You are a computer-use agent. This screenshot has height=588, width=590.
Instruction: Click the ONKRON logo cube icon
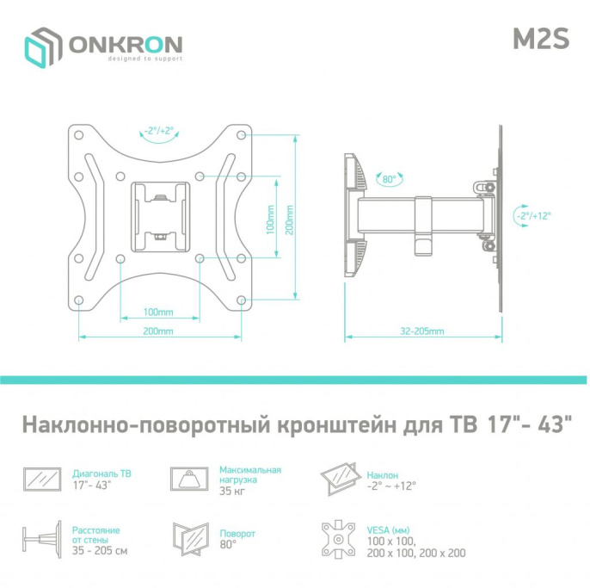coord(43,47)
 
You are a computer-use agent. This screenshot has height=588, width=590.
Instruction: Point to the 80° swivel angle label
coord(389,179)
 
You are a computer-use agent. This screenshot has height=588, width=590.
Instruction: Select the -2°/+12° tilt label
coord(534,216)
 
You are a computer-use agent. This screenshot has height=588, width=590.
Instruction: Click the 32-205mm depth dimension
coord(422,331)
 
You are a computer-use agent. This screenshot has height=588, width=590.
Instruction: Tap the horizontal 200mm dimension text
coord(158,331)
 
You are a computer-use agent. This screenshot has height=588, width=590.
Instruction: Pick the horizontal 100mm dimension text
coord(158,310)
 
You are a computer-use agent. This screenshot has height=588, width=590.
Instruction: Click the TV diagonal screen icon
coord(43,480)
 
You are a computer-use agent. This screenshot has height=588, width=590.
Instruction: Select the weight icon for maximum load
coord(189,479)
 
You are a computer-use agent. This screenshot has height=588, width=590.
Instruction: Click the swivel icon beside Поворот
coord(189,541)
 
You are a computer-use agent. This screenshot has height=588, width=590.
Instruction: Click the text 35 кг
coord(230,492)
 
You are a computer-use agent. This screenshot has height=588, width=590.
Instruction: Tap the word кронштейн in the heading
coord(337,426)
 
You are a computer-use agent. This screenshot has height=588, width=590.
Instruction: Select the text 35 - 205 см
coord(101,550)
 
